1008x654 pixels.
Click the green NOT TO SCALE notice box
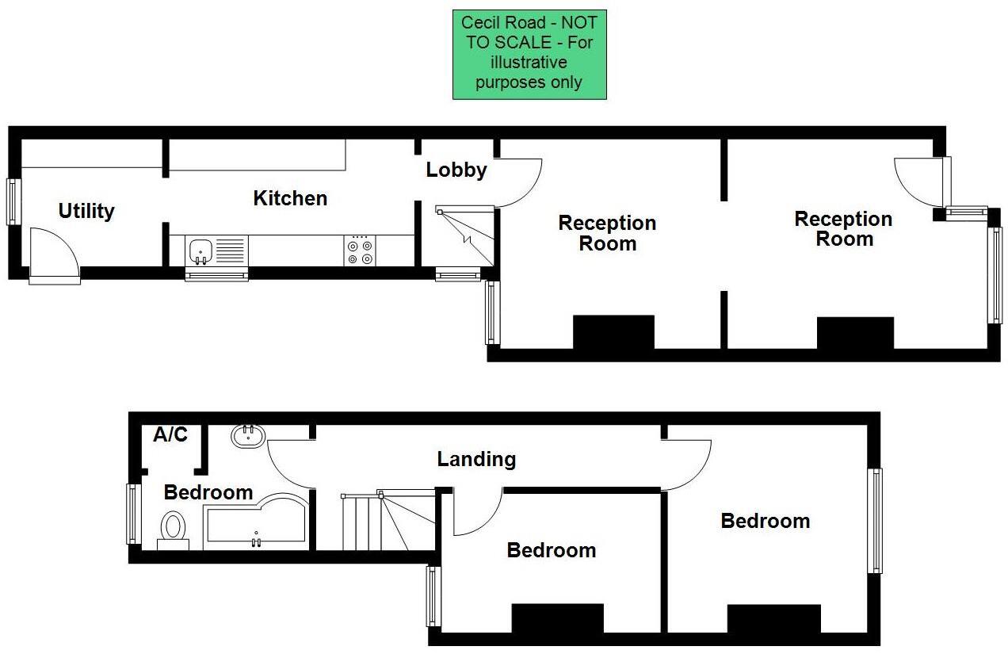(529, 54)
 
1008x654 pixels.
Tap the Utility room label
(86, 211)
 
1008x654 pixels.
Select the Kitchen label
(290, 198)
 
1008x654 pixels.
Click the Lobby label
(456, 170)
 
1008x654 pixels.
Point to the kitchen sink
(201, 251)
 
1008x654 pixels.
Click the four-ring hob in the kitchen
(361, 251)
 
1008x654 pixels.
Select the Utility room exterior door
(54, 255)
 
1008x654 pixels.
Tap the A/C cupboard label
(170, 434)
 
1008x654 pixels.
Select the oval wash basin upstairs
(249, 435)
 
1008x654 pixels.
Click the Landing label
(476, 458)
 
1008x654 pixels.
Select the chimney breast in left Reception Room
(613, 332)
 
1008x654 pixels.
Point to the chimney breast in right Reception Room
(855, 333)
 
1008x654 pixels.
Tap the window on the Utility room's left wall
(13, 201)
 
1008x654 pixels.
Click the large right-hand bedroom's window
(874, 520)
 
